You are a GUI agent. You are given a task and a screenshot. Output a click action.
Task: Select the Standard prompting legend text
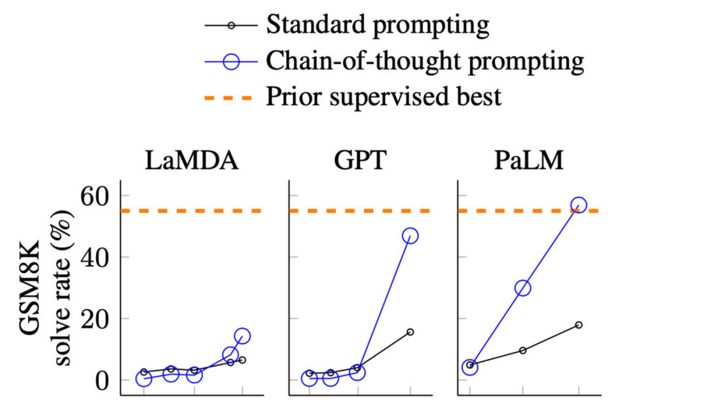pyautogui.click(x=378, y=26)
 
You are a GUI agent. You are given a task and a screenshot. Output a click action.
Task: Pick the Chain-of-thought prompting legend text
pyautogui.click(x=425, y=62)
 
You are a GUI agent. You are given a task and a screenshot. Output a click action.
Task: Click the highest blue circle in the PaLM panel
pyautogui.click(x=579, y=205)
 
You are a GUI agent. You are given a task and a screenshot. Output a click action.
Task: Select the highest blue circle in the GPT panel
pyautogui.click(x=410, y=235)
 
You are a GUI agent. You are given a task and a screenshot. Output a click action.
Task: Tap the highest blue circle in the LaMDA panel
pyautogui.click(x=242, y=336)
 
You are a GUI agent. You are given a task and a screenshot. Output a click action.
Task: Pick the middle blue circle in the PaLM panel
pyautogui.click(x=523, y=288)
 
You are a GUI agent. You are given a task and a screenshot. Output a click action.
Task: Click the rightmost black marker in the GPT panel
pyautogui.click(x=410, y=332)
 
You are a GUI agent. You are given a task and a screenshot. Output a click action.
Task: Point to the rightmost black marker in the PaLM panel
pyautogui.click(x=579, y=325)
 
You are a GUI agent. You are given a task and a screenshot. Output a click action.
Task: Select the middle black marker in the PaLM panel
pyautogui.click(x=523, y=350)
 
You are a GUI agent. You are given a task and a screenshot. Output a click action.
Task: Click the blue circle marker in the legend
pyautogui.click(x=230, y=62)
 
